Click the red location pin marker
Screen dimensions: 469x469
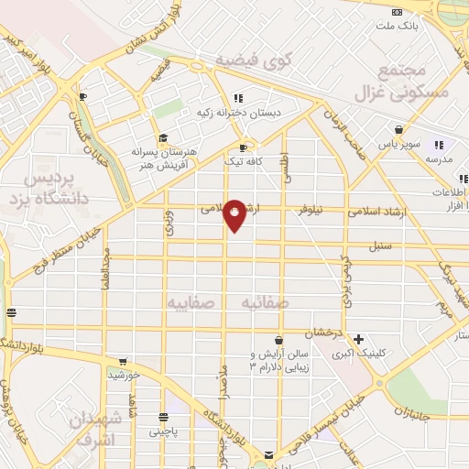point(235,215)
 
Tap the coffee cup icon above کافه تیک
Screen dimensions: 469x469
point(243,147)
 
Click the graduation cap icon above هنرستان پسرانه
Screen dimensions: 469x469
point(163,137)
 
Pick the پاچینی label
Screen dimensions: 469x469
point(165,429)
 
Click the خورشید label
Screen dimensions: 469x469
point(123,375)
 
